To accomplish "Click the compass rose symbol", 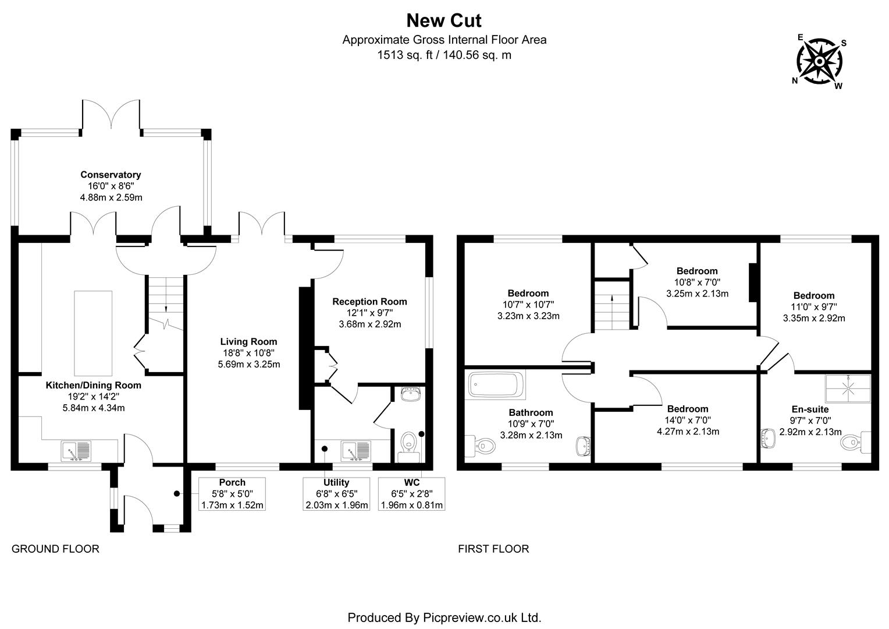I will [x=819, y=61].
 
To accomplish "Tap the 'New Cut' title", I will [x=443, y=20].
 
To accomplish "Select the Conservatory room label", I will [x=111, y=175].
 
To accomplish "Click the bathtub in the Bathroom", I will [x=496, y=385].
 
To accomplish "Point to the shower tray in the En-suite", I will [x=848, y=388].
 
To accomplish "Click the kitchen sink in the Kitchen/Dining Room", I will [x=76, y=451].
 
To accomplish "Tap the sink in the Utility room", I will [x=356, y=451].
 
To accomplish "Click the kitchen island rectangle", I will [x=93, y=333].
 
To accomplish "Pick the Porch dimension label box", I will [x=232, y=494].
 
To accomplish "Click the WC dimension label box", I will [x=411, y=494].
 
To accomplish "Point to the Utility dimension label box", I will [x=336, y=494].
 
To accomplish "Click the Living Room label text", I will [x=248, y=342].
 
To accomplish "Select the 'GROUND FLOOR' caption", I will [x=56, y=549].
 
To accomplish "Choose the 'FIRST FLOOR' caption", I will [x=493, y=549].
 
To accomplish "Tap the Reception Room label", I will [x=369, y=302].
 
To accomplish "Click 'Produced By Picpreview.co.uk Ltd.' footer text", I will [x=444, y=617].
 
